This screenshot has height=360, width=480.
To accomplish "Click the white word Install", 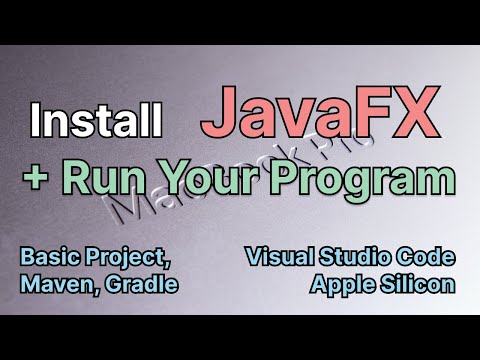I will (96, 122).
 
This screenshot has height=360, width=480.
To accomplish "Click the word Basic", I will (49, 258).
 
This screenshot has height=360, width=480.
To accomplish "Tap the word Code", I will (428, 258).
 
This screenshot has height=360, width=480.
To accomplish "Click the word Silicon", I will (420, 283).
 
